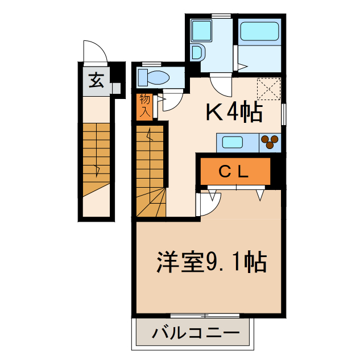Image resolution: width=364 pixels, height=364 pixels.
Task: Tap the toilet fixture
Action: click(153, 77)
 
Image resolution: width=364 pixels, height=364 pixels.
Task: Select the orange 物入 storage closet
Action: click(144, 105)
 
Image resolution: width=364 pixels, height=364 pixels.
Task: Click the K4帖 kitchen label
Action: click(234, 113)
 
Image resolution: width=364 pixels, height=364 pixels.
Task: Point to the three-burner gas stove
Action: click(270, 142)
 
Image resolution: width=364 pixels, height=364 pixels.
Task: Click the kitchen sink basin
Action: click(233, 142)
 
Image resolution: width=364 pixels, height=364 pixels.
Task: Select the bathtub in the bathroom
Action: click(259, 32)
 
